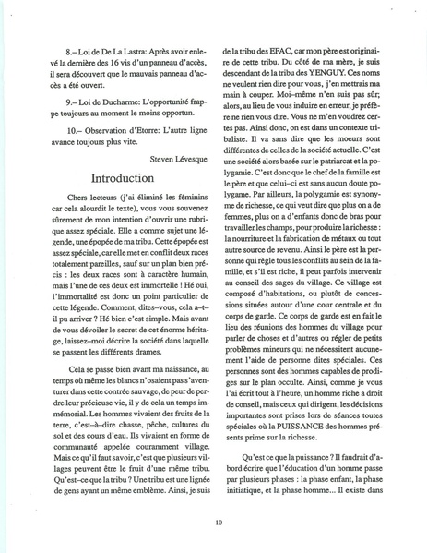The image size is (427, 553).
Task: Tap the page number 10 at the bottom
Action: (x=217, y=522)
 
